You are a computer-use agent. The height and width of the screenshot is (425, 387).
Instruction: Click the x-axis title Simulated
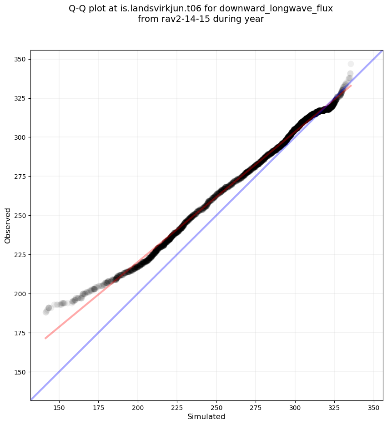206,416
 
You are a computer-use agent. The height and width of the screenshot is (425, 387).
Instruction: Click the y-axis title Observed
8,225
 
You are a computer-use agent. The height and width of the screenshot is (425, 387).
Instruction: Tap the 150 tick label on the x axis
59,407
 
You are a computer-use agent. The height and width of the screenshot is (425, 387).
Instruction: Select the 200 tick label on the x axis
138,407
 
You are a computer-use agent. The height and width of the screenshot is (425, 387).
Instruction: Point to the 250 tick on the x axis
216,407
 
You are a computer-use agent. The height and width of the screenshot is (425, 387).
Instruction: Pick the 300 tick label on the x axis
295,407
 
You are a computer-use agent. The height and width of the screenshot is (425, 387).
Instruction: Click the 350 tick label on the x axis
374,407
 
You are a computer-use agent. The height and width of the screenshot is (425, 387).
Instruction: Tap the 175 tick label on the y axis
20,333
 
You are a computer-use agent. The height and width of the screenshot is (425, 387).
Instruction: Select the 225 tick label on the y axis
20,254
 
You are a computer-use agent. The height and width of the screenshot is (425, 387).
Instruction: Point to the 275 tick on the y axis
20,176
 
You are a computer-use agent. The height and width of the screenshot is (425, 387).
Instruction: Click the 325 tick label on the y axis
20,98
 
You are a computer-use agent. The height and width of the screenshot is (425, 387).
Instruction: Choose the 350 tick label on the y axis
20,59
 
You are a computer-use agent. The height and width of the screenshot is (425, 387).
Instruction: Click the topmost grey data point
351,64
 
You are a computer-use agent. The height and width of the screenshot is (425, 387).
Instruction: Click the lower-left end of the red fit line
45,338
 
